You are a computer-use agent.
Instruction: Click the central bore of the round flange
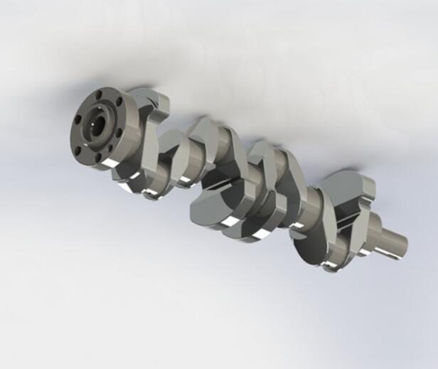(95, 125)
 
